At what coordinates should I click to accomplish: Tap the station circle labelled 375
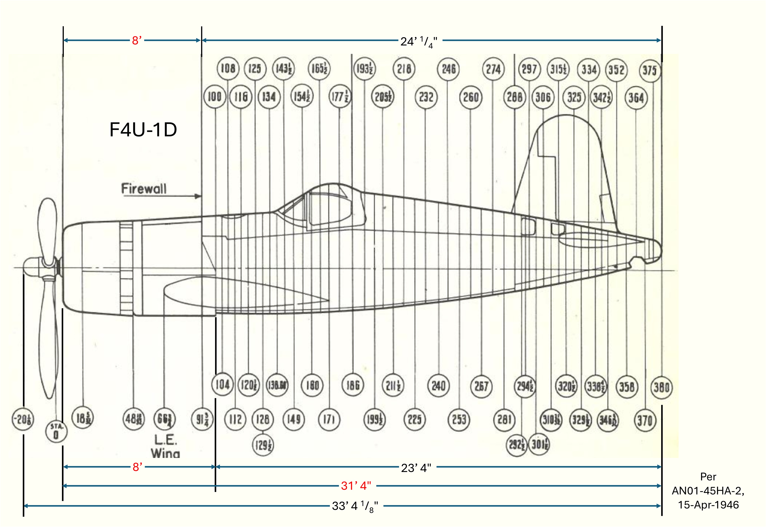(650, 70)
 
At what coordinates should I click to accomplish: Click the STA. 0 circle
(56, 432)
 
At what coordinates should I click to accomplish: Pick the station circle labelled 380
(661, 387)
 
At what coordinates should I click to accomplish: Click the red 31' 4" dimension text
(356, 486)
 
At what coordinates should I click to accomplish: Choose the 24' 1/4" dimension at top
(418, 42)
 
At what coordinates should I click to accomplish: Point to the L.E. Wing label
(166, 446)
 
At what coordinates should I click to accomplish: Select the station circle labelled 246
(448, 69)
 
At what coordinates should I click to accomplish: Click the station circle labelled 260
(471, 97)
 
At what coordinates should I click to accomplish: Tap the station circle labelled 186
(352, 385)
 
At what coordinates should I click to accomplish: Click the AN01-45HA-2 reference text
(708, 491)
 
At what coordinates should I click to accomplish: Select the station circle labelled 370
(645, 421)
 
